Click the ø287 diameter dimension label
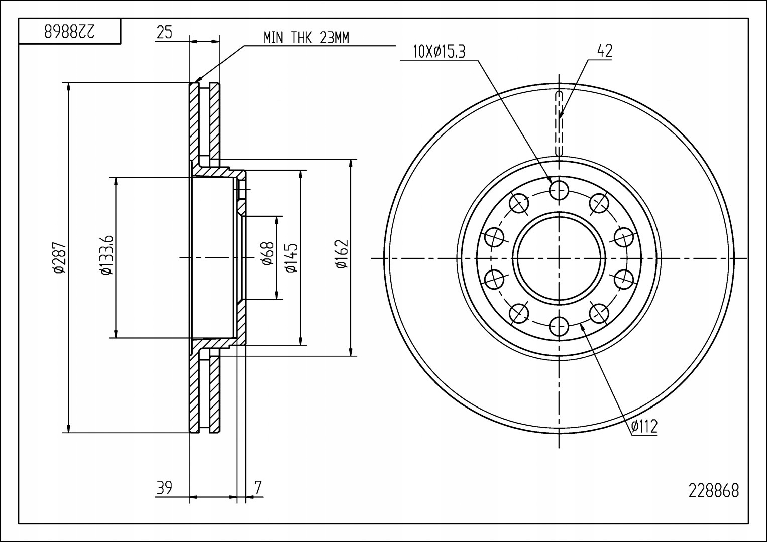pyautogui.click(x=59, y=257)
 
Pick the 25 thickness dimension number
pyautogui.click(x=164, y=33)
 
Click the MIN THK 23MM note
pyautogui.click(x=306, y=38)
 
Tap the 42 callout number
pyautogui.click(x=604, y=50)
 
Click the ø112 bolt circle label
pyautogui.click(x=644, y=427)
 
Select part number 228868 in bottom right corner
pyautogui.click(x=714, y=490)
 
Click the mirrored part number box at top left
pyautogui.click(x=70, y=32)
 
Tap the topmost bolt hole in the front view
pyautogui.click(x=559, y=189)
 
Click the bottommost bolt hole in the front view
pyautogui.click(x=559, y=327)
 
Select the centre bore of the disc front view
pyautogui.click(x=559, y=258)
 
